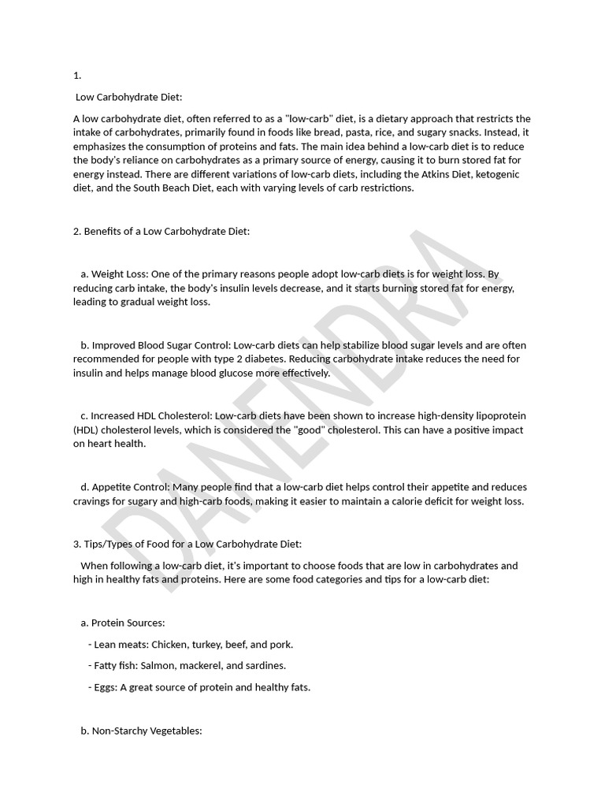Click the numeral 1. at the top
point(77,76)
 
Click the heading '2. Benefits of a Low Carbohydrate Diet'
point(161,231)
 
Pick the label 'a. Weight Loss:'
point(115,274)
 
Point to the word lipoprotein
point(498,415)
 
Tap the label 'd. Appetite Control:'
point(124,487)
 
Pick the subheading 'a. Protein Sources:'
point(122,623)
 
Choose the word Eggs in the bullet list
point(105,687)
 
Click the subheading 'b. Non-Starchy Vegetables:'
point(141,731)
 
